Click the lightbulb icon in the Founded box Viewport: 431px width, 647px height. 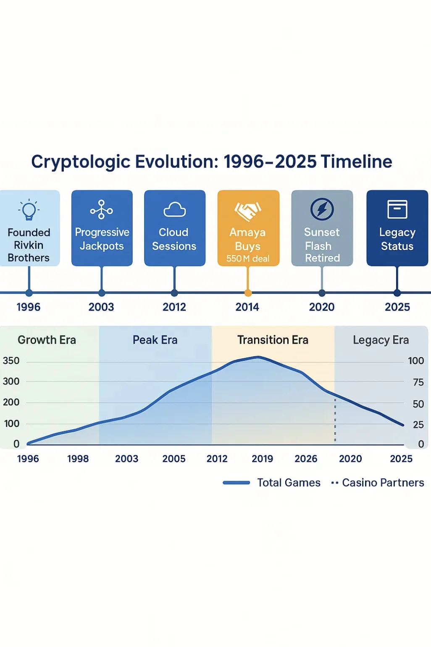coord(29,210)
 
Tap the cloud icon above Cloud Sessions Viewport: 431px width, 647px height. coord(174,209)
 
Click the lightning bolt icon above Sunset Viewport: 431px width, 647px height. coord(322,209)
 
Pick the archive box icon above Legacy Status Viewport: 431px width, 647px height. coord(397,209)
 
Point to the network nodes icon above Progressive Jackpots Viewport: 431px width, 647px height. coord(102,209)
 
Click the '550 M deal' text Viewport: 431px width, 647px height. coord(248,259)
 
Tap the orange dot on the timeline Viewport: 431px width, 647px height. coord(248,293)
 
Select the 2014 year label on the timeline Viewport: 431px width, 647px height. coord(247,307)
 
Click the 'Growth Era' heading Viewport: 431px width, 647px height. coord(47,340)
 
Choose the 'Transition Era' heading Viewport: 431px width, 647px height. coord(273,340)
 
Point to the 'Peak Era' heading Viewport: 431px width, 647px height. coord(155,340)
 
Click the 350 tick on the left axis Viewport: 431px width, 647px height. coord(11,361)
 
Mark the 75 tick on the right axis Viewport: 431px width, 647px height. coord(418,382)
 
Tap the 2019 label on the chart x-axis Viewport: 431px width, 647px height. coord(262,459)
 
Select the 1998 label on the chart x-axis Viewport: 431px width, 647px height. coord(78,459)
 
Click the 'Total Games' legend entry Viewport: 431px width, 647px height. coord(288,483)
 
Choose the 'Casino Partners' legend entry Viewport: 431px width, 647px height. coord(383,483)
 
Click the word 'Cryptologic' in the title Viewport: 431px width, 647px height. coord(81,162)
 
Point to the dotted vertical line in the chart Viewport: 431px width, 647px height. coord(335,420)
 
